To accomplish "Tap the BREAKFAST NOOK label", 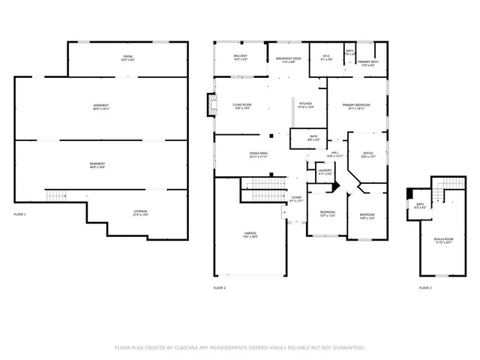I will click(x=289, y=59).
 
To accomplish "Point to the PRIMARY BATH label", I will click(x=367, y=63).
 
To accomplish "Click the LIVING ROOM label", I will click(x=241, y=106).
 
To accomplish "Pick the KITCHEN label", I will click(x=305, y=105).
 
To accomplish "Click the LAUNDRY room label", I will click(x=325, y=172).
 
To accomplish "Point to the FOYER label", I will click(x=296, y=199).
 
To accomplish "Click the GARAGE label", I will click(x=250, y=234).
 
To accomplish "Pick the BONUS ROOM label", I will click(x=444, y=240).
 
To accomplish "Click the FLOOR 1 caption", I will click(x=20, y=214).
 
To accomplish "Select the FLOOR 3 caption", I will click(x=425, y=288).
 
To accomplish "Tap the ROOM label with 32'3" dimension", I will click(x=127, y=58).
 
